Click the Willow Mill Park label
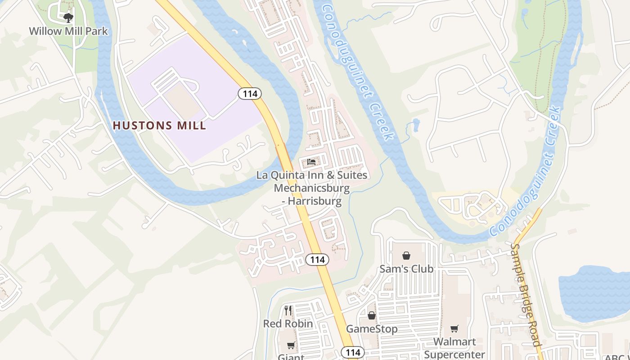tap(68, 31)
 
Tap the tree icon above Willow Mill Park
tap(68, 18)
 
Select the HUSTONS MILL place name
tap(159, 126)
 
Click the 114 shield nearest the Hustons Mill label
tap(250, 94)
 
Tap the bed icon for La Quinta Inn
tap(311, 162)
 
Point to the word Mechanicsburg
tap(311, 188)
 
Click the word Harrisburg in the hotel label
tap(315, 201)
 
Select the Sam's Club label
tap(406, 269)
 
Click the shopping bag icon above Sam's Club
tap(406, 256)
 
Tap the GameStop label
tap(372, 329)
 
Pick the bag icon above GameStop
tap(372, 316)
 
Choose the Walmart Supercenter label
tap(454, 348)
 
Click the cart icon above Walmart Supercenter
tap(454, 329)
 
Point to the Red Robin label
tap(288, 324)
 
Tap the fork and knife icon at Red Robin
tap(288, 310)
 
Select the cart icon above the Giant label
tap(291, 346)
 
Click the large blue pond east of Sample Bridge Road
tap(594, 292)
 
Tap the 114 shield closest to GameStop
tap(353, 352)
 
